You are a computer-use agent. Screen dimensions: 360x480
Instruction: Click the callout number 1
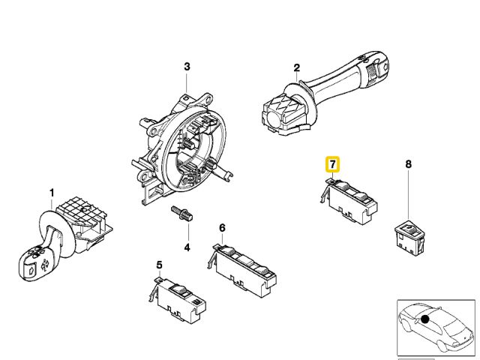[52, 193]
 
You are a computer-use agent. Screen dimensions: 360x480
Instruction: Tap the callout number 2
[296, 67]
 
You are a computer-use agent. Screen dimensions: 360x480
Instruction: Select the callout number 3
[187, 67]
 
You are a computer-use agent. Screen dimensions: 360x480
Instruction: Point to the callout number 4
[187, 247]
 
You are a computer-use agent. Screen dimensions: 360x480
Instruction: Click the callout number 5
[159, 265]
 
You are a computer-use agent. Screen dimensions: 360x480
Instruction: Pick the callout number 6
[222, 227]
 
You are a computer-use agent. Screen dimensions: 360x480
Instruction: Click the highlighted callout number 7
[331, 163]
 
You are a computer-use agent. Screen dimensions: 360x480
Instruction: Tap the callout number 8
[408, 163]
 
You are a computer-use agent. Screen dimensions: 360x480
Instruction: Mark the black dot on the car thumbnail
[424, 318]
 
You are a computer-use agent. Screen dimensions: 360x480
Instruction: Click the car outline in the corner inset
[435, 327]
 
